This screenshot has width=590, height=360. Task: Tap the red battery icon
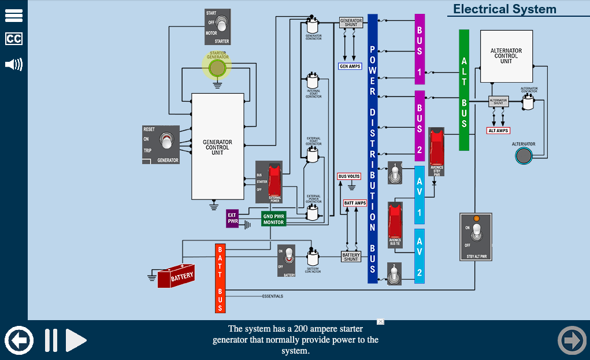click(x=176, y=276)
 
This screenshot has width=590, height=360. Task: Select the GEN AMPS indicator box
click(x=350, y=66)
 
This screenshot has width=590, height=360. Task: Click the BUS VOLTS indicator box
click(x=349, y=176)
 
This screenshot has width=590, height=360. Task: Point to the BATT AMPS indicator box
click(x=355, y=203)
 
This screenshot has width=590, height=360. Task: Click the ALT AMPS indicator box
click(x=498, y=131)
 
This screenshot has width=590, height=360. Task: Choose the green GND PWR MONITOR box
click(x=273, y=219)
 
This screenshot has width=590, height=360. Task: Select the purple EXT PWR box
click(x=232, y=218)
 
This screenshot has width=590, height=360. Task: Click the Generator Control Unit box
click(x=217, y=146)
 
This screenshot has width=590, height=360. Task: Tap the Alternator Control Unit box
click(x=506, y=56)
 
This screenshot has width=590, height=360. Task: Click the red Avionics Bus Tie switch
click(x=395, y=223)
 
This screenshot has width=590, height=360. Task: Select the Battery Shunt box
click(x=351, y=257)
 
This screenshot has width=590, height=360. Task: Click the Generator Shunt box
click(x=351, y=23)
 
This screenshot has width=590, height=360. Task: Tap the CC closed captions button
click(x=14, y=39)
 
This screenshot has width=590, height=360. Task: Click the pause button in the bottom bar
click(x=51, y=340)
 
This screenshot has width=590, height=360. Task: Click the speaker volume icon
click(x=14, y=64)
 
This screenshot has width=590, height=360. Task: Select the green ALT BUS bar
click(x=464, y=90)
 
